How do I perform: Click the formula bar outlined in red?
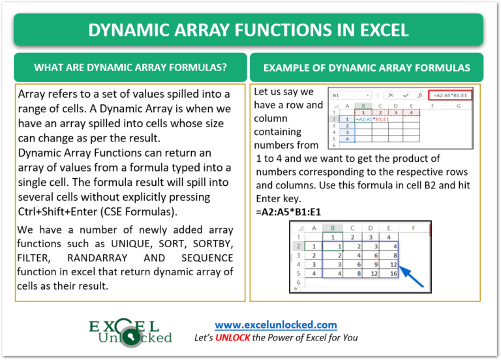[x=451, y=95]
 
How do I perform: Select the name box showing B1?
[x=348, y=95]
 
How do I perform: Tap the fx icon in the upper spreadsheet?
[x=419, y=95]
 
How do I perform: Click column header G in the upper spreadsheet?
[x=459, y=105]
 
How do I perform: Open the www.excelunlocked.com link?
[x=276, y=324]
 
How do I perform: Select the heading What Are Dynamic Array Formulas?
[x=130, y=67]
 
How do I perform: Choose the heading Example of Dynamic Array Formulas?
[x=366, y=67]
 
